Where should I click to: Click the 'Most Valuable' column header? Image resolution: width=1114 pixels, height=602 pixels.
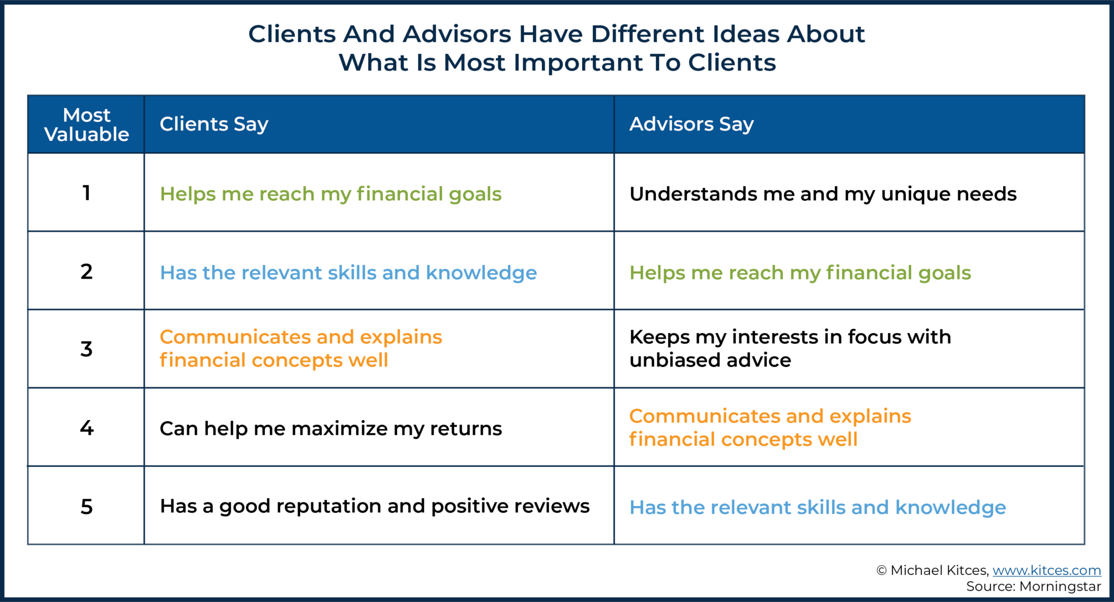(x=86, y=125)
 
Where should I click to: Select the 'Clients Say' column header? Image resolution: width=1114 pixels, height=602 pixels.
(x=214, y=125)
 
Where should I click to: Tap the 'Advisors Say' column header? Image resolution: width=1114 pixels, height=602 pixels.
(x=691, y=125)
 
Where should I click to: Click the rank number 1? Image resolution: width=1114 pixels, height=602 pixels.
(x=86, y=193)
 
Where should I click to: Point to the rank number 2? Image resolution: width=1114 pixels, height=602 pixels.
(x=86, y=272)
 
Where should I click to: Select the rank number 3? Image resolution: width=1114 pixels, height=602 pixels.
(x=86, y=349)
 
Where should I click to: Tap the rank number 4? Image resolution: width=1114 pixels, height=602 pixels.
(x=86, y=428)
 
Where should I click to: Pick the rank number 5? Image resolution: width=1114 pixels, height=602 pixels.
(x=86, y=507)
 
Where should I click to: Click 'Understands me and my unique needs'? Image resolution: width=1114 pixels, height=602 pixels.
(x=822, y=194)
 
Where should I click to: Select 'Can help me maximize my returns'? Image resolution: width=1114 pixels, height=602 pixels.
(x=331, y=429)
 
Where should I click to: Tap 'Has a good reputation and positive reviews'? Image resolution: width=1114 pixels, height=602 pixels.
(x=374, y=507)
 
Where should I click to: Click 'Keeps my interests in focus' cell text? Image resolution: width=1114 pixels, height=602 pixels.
(x=790, y=348)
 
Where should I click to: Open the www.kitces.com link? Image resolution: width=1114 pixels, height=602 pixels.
(x=1047, y=570)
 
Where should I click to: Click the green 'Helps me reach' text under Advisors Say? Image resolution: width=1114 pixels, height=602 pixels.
(x=800, y=273)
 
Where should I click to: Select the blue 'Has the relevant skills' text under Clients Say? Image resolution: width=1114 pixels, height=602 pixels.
(x=348, y=273)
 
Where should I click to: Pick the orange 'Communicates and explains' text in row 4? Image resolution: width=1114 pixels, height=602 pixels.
(x=770, y=428)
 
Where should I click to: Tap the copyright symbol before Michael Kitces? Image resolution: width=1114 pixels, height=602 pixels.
(x=881, y=570)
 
